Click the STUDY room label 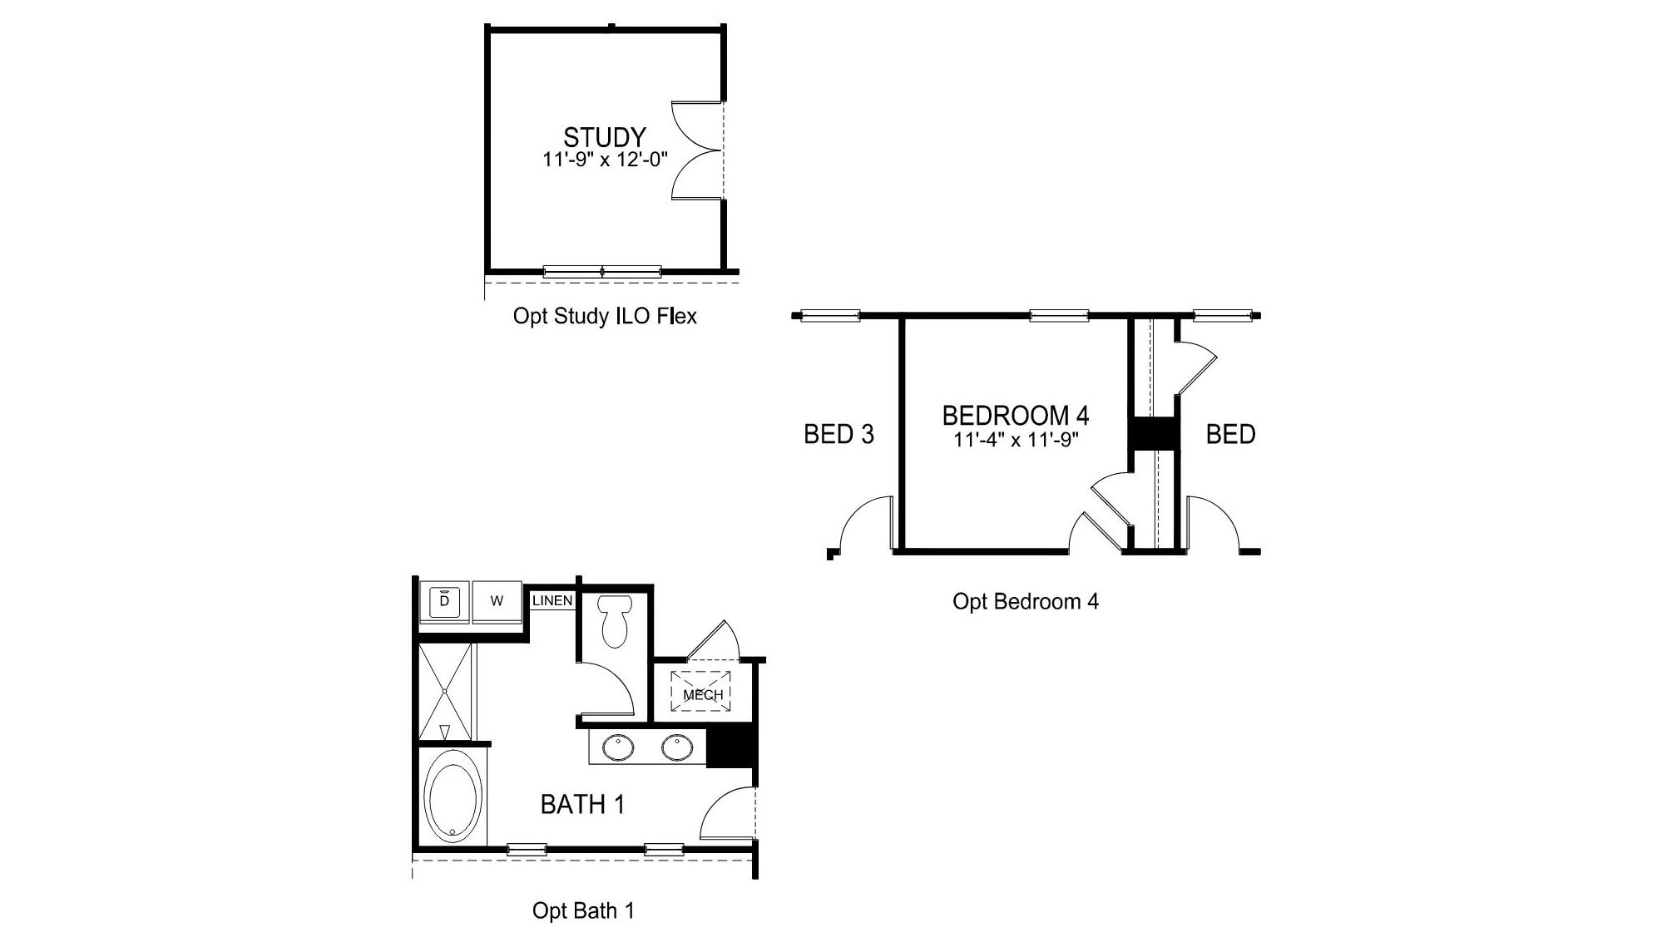click(x=605, y=137)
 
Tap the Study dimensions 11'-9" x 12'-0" click(x=605, y=160)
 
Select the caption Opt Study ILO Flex click(x=605, y=316)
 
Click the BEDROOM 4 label click(x=1016, y=415)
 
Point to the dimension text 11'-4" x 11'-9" click(x=1016, y=440)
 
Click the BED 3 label click(x=838, y=434)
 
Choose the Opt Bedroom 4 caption click(x=1025, y=601)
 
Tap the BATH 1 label click(x=582, y=804)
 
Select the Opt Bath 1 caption click(x=583, y=910)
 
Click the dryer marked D click(x=444, y=601)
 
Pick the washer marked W click(x=497, y=601)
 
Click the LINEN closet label click(x=552, y=600)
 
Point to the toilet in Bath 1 click(x=616, y=620)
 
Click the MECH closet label click(x=703, y=694)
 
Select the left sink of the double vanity click(x=618, y=747)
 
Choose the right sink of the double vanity click(x=677, y=747)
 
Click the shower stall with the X click(x=445, y=691)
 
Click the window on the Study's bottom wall click(x=602, y=271)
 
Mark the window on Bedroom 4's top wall click(x=1059, y=315)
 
